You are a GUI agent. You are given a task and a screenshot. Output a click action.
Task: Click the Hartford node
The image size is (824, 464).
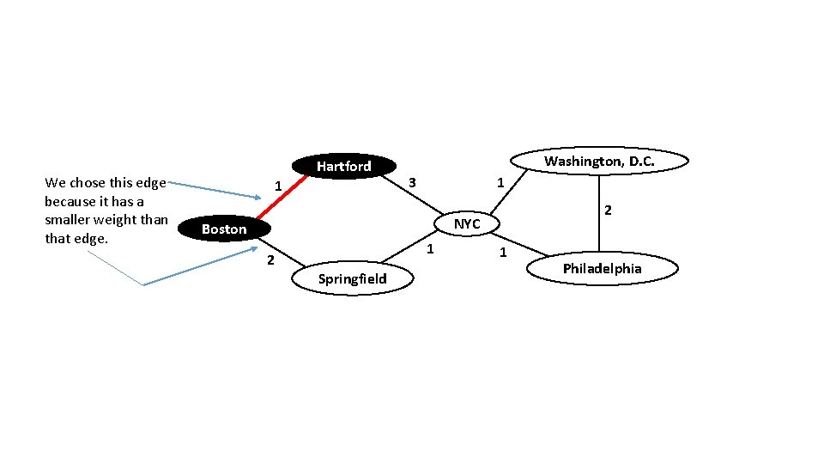343,166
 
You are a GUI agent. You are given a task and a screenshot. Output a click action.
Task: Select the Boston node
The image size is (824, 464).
224,229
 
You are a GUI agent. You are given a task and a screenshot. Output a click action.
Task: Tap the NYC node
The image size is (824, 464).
467,223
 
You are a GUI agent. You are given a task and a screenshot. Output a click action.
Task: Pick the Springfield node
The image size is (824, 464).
352,278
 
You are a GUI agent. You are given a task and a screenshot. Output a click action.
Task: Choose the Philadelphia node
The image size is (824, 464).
602,269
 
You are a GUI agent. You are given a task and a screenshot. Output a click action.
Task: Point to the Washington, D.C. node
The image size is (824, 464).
599,161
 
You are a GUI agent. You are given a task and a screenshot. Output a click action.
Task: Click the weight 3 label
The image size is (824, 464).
412,182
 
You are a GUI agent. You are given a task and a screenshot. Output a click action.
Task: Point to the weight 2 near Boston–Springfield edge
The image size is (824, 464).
270,260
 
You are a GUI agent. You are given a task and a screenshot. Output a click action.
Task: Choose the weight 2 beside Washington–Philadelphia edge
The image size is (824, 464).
608,210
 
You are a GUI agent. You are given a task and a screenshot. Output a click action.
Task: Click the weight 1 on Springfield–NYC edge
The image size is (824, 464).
431,249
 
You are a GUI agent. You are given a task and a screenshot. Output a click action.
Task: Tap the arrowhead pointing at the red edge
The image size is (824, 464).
250,196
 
